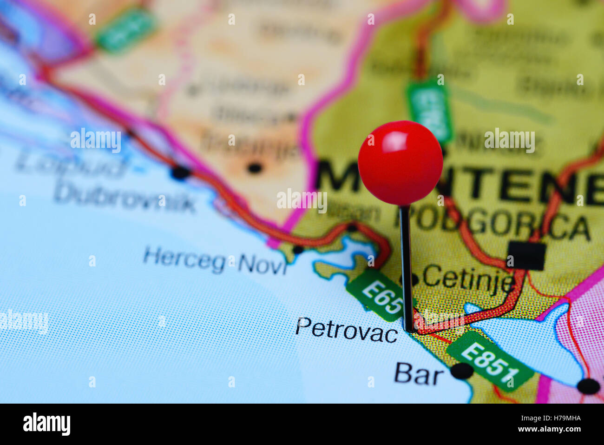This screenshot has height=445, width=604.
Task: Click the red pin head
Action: pyautogui.click(x=400, y=162)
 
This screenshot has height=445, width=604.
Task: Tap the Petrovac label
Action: pyautogui.click(x=347, y=330)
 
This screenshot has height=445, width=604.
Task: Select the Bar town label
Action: pyautogui.click(x=418, y=374)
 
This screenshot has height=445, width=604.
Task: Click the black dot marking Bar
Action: pyautogui.click(x=462, y=371)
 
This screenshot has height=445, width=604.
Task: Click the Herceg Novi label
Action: pyautogui.click(x=215, y=261)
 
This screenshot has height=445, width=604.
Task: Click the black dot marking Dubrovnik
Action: pyautogui.click(x=180, y=173)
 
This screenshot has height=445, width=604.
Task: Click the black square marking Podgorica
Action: pyautogui.click(x=526, y=256)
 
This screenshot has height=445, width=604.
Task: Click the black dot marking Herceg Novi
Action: pyautogui.click(x=298, y=250)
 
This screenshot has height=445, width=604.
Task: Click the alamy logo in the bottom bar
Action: pyautogui.click(x=47, y=424)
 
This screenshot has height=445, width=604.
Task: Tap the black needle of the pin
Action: pyautogui.click(x=407, y=265)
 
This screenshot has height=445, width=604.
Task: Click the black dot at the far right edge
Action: pyautogui.click(x=589, y=386)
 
